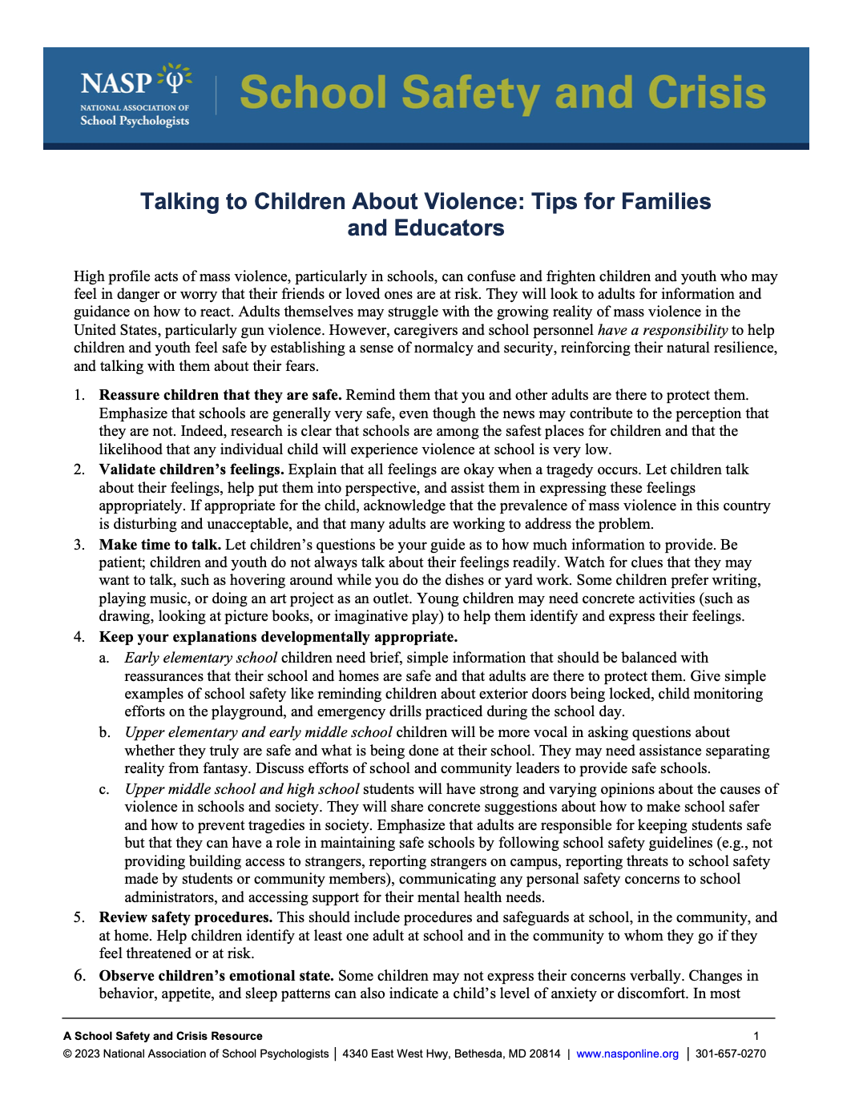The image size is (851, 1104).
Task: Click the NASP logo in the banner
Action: pos(135,95)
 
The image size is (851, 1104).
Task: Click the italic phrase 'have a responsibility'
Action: pos(662,330)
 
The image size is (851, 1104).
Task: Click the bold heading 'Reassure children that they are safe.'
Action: pos(220,395)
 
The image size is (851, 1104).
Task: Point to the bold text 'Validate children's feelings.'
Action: pos(191,469)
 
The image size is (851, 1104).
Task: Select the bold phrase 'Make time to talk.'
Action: pos(159,545)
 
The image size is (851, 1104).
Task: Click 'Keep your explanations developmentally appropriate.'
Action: pos(278,637)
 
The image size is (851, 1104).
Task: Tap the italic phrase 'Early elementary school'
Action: pos(200,658)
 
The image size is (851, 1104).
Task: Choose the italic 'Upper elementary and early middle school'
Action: pos(258,732)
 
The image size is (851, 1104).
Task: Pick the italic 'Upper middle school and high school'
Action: pos(241,789)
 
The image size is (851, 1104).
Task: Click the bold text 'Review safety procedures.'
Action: pos(185,917)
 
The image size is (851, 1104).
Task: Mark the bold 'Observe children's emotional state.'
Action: pos(216,976)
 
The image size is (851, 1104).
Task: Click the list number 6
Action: pos(79,976)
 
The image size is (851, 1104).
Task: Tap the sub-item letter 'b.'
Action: pos(104,732)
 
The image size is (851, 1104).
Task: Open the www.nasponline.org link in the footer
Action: pos(627,1054)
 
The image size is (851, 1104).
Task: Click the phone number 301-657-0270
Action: pos(730,1054)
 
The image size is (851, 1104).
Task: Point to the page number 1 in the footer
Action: pos(756,1036)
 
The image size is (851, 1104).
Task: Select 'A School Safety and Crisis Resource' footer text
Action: pos(163,1036)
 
